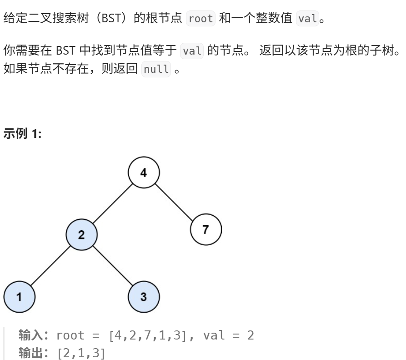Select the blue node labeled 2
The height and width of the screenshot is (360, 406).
(81, 235)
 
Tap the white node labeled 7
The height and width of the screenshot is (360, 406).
(206, 229)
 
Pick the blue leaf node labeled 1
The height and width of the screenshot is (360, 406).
(19, 297)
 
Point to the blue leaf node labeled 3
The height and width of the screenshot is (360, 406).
(144, 297)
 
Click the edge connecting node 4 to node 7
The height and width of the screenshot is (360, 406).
(175, 202)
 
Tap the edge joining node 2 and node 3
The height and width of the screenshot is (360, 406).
(113, 266)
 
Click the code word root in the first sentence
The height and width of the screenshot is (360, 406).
(200, 19)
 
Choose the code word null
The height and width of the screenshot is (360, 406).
(156, 70)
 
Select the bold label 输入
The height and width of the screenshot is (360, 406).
(30, 336)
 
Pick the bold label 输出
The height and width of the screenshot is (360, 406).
(30, 353)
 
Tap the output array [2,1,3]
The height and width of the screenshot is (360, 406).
(81, 353)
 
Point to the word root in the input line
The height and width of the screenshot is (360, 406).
(70, 336)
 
